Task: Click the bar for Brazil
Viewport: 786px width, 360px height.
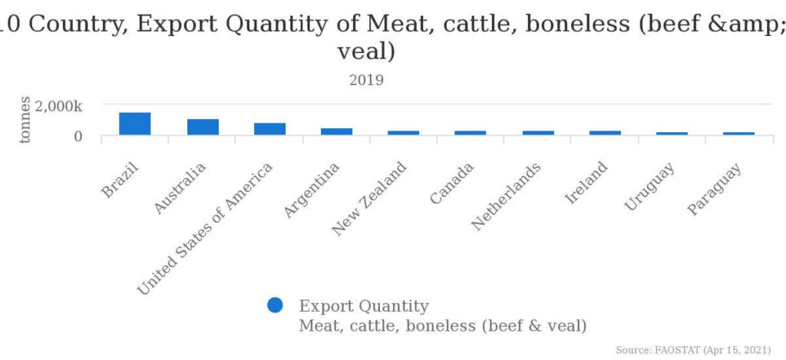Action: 134,124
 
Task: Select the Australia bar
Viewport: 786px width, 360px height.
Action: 203,127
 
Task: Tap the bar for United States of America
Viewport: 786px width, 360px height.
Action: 269,129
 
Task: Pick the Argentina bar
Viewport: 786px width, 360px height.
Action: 336,131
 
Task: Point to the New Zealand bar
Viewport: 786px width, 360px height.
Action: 403,133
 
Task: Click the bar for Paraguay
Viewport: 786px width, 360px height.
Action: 739,134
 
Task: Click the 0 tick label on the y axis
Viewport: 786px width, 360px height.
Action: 77,137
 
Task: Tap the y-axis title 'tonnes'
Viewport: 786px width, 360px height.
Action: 25,120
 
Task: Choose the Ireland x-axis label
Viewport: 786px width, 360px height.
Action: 586,183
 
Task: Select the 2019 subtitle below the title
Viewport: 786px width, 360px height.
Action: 366,80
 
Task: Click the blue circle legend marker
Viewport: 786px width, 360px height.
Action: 275,306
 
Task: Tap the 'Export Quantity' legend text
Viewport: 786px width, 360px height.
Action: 364,306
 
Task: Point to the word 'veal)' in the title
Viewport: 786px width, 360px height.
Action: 366,52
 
